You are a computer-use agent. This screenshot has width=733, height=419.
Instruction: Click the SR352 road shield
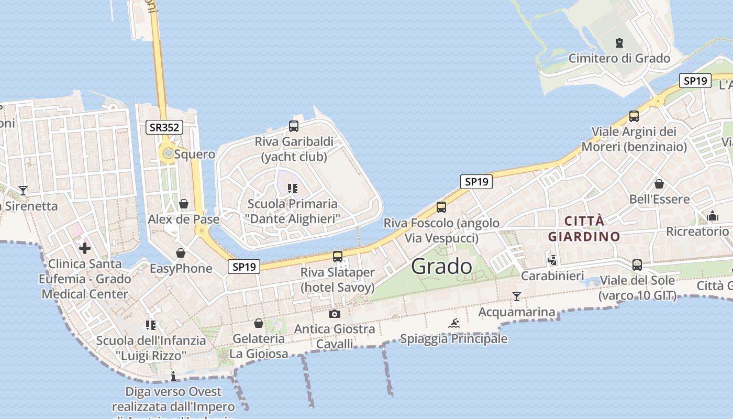click(x=164, y=127)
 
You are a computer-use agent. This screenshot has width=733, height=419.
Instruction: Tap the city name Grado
click(x=441, y=267)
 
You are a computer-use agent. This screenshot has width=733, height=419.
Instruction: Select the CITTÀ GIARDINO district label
click(x=584, y=229)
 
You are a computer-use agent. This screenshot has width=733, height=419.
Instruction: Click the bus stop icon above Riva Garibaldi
click(x=294, y=126)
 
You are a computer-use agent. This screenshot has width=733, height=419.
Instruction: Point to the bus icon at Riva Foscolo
click(x=441, y=207)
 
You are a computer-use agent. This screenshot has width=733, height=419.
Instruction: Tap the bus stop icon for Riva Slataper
click(x=338, y=257)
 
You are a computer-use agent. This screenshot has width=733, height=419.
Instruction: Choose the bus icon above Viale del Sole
click(x=637, y=265)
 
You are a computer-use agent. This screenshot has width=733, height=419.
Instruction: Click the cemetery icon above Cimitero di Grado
click(x=619, y=43)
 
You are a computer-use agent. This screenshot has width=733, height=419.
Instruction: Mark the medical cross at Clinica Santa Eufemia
click(x=85, y=248)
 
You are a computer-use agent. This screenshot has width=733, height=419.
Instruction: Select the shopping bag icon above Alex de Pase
click(x=184, y=203)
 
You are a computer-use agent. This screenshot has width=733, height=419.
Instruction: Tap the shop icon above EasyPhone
click(x=181, y=253)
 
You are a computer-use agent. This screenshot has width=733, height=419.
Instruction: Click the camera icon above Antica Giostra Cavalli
click(x=334, y=314)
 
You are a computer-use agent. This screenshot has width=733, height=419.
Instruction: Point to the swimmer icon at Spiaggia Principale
click(x=454, y=323)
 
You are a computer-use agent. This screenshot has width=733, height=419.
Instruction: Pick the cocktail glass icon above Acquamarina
click(x=517, y=296)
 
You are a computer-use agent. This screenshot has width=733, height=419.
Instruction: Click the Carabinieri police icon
click(x=552, y=260)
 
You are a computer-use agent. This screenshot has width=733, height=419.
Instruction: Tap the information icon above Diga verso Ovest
click(x=173, y=376)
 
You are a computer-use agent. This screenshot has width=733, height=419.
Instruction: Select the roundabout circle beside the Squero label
click(x=168, y=153)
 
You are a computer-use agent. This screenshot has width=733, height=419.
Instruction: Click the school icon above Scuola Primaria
click(x=293, y=188)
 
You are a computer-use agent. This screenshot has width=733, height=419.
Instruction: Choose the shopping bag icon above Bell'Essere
click(x=659, y=184)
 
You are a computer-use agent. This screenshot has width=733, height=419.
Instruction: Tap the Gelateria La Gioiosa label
click(x=259, y=346)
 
